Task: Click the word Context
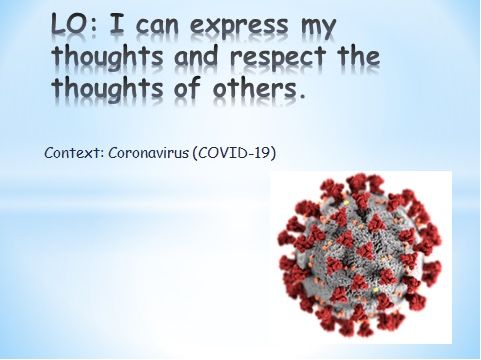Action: pyautogui.click(x=71, y=153)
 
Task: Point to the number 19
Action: pyautogui.click(x=262, y=153)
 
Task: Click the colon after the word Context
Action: pyautogui.click(x=101, y=155)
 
